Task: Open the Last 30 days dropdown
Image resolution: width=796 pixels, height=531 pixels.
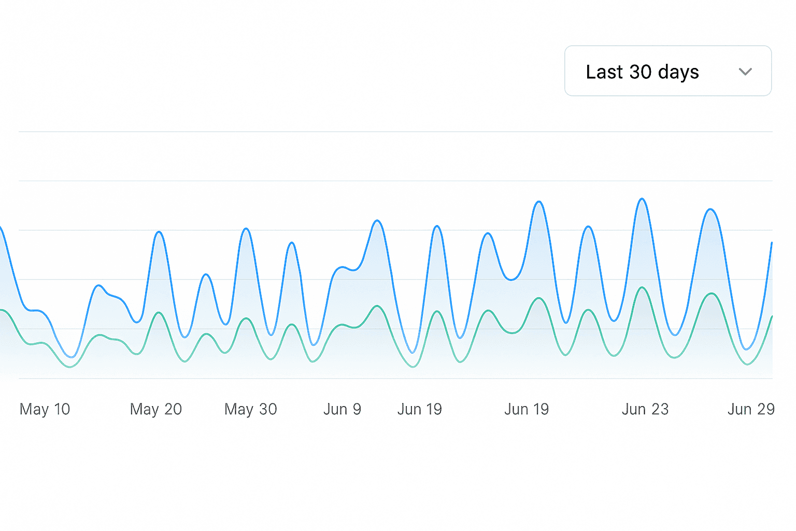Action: [x=667, y=71]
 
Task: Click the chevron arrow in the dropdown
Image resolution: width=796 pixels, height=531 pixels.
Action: [x=745, y=72]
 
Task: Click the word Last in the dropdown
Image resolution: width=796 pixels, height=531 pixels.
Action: [x=604, y=72]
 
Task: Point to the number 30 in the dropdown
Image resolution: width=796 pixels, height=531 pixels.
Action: [x=640, y=72]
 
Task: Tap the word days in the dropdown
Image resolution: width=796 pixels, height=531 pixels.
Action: [x=678, y=73]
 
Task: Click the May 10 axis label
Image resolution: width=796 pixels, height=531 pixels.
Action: [x=45, y=409]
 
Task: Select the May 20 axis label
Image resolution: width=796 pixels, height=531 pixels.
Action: [x=155, y=409]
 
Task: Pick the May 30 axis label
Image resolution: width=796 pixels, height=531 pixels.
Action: [x=250, y=409]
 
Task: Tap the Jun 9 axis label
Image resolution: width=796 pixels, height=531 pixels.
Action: [x=342, y=409]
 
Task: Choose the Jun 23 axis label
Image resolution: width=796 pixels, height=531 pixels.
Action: [x=645, y=409]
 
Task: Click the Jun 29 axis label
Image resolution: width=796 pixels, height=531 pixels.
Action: [x=750, y=409]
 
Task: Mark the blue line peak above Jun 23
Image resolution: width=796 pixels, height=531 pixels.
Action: [x=642, y=199]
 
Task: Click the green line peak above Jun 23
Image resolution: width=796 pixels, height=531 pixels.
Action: [x=643, y=287]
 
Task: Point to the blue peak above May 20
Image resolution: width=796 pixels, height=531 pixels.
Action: [x=159, y=232]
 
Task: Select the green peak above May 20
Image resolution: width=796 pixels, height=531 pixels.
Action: [x=159, y=313]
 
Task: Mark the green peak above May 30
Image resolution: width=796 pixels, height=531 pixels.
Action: [x=247, y=318]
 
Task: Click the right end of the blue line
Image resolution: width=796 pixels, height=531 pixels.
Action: [x=772, y=243]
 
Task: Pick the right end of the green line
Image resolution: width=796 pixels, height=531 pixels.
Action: [x=772, y=316]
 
